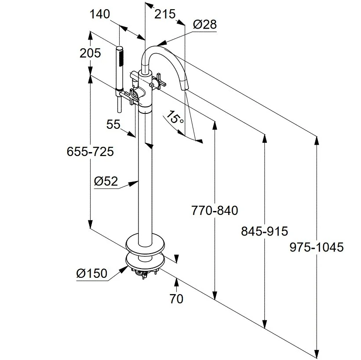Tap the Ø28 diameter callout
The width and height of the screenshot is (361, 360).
coord(204,24)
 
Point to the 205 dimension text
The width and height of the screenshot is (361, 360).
coord(90,53)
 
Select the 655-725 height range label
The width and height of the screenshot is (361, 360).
coord(90,152)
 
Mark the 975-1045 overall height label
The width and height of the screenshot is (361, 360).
coord(316,247)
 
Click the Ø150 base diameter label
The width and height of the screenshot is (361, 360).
coord(91,273)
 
